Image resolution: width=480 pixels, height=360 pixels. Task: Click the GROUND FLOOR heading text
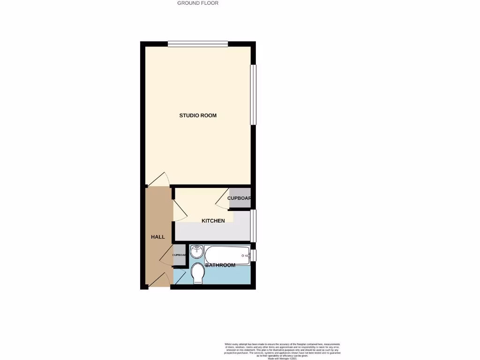(197, 3)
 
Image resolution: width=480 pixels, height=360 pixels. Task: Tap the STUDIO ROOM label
(198, 115)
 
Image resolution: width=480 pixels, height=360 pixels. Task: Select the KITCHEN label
(213, 221)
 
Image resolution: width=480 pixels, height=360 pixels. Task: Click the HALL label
(158, 237)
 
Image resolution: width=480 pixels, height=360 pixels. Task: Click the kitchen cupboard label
(239, 198)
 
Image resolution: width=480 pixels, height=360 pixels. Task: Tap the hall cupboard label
(180, 255)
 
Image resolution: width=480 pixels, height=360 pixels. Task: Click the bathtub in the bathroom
(226, 255)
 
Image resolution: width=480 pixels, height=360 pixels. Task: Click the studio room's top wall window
(198, 44)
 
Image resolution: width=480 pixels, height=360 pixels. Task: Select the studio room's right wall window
(253, 95)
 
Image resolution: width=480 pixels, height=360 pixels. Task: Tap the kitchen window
(253, 225)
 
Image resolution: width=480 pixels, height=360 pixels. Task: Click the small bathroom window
(253, 255)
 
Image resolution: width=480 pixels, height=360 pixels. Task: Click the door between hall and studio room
(159, 180)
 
